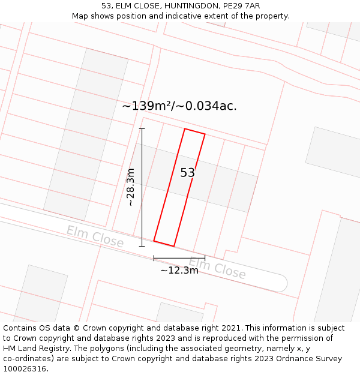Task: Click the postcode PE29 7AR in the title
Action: click(x=239, y=6)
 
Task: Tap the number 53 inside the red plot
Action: click(x=187, y=173)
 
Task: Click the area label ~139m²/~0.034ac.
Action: click(x=179, y=106)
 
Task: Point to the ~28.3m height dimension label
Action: click(x=131, y=187)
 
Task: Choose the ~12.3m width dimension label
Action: click(x=179, y=270)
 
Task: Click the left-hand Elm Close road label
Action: click(x=95, y=236)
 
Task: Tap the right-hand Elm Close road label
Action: click(x=217, y=268)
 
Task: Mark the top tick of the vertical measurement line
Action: click(x=142, y=128)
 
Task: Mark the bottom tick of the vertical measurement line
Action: click(x=142, y=246)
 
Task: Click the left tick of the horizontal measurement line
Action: click(x=154, y=258)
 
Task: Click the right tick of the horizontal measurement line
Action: click(x=205, y=258)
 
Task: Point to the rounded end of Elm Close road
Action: click(x=281, y=283)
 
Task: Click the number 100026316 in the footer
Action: click(x=26, y=369)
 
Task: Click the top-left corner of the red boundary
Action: click(x=184, y=128)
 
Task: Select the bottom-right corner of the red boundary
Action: click(x=174, y=246)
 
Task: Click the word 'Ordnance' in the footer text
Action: click(x=291, y=359)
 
